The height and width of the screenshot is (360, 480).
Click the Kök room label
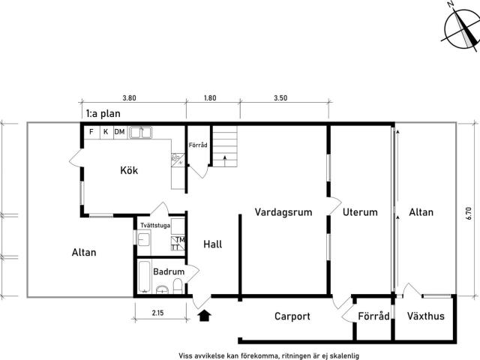pyautogui.click(x=129, y=170)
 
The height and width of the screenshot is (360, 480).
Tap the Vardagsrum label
pyautogui.click(x=283, y=211)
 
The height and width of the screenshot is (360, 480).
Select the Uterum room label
pyautogui.click(x=360, y=211)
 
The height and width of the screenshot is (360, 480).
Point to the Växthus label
pyautogui.click(x=425, y=316)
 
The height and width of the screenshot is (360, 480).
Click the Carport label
pyautogui.click(x=292, y=316)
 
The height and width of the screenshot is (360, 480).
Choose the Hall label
pyautogui.click(x=213, y=244)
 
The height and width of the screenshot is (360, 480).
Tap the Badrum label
pyautogui.click(x=169, y=271)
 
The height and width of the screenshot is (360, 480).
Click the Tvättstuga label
pyautogui.click(x=155, y=225)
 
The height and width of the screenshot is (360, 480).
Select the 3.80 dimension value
pyautogui.click(x=129, y=98)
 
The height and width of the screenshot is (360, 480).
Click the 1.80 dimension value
pyautogui.click(x=210, y=98)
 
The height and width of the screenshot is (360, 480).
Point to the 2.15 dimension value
pyautogui.click(x=157, y=313)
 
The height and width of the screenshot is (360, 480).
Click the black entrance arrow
pyautogui.click(x=204, y=315)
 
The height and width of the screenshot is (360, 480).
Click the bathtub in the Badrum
pyautogui.click(x=144, y=277)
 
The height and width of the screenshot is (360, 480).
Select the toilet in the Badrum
pyautogui.click(x=178, y=286)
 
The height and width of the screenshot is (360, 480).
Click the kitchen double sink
pyautogui.click(x=140, y=133)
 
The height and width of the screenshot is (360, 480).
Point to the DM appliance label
pyautogui.click(x=119, y=132)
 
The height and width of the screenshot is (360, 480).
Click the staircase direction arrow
pyautogui.click(x=225, y=161)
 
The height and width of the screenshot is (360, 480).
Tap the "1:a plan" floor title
pyautogui.click(x=103, y=113)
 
